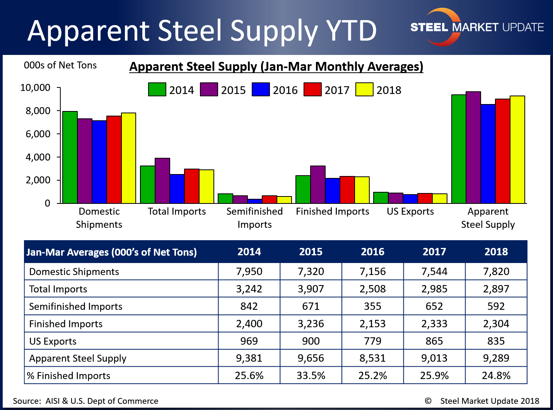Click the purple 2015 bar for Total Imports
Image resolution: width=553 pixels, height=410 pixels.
pyautogui.click(x=162, y=181)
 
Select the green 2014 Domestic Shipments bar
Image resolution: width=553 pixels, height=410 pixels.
pyautogui.click(x=70, y=157)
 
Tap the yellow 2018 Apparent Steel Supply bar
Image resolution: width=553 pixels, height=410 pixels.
pyautogui.click(x=517, y=150)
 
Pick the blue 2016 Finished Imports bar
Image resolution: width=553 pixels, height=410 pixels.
pyautogui.click(x=333, y=191)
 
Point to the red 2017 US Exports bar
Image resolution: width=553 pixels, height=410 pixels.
pyautogui.click(x=425, y=198)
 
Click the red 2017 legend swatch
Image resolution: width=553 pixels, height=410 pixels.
pyautogui.click(x=312, y=89)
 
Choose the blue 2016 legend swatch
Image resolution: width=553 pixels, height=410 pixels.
pyautogui.click(x=261, y=89)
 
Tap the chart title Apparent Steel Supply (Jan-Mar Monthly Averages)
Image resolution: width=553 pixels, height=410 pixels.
pyautogui.click(x=276, y=67)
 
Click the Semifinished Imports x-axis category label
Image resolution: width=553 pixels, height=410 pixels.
pyautogui.click(x=254, y=218)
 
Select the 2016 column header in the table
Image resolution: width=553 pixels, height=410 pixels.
pyautogui.click(x=372, y=252)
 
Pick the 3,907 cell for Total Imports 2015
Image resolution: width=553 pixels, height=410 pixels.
pyautogui.click(x=311, y=289)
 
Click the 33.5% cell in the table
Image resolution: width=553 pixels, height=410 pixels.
pyautogui.click(x=311, y=376)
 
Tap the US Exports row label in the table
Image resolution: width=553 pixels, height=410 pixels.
pyautogui.click(x=53, y=341)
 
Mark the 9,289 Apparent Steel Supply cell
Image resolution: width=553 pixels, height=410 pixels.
pyautogui.click(x=496, y=358)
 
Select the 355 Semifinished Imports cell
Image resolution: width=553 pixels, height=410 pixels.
pyautogui.click(x=372, y=306)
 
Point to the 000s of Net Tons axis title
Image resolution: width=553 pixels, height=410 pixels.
pyautogui.click(x=60, y=65)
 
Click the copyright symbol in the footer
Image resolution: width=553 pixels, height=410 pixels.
pyautogui.click(x=428, y=401)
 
